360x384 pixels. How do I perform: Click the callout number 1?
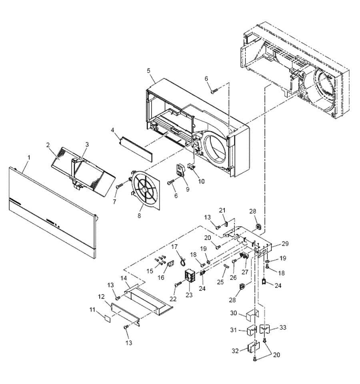[x=29, y=158]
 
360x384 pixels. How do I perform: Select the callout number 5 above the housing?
[x=149, y=71]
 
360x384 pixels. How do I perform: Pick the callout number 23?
[x=189, y=295]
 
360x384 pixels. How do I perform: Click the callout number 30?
[x=234, y=313]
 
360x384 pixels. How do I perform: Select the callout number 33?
[x=283, y=328]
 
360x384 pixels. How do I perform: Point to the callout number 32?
[x=235, y=350]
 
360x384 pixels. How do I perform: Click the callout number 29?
[x=285, y=244]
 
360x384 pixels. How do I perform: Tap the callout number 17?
[x=174, y=247]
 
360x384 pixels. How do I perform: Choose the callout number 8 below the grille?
[x=139, y=216]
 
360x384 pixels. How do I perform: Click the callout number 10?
[x=201, y=181]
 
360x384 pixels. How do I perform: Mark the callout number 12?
[x=101, y=296]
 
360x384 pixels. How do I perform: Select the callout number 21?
[x=222, y=210]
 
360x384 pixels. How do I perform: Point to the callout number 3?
[x=87, y=144]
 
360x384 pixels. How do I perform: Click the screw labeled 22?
[x=178, y=285]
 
